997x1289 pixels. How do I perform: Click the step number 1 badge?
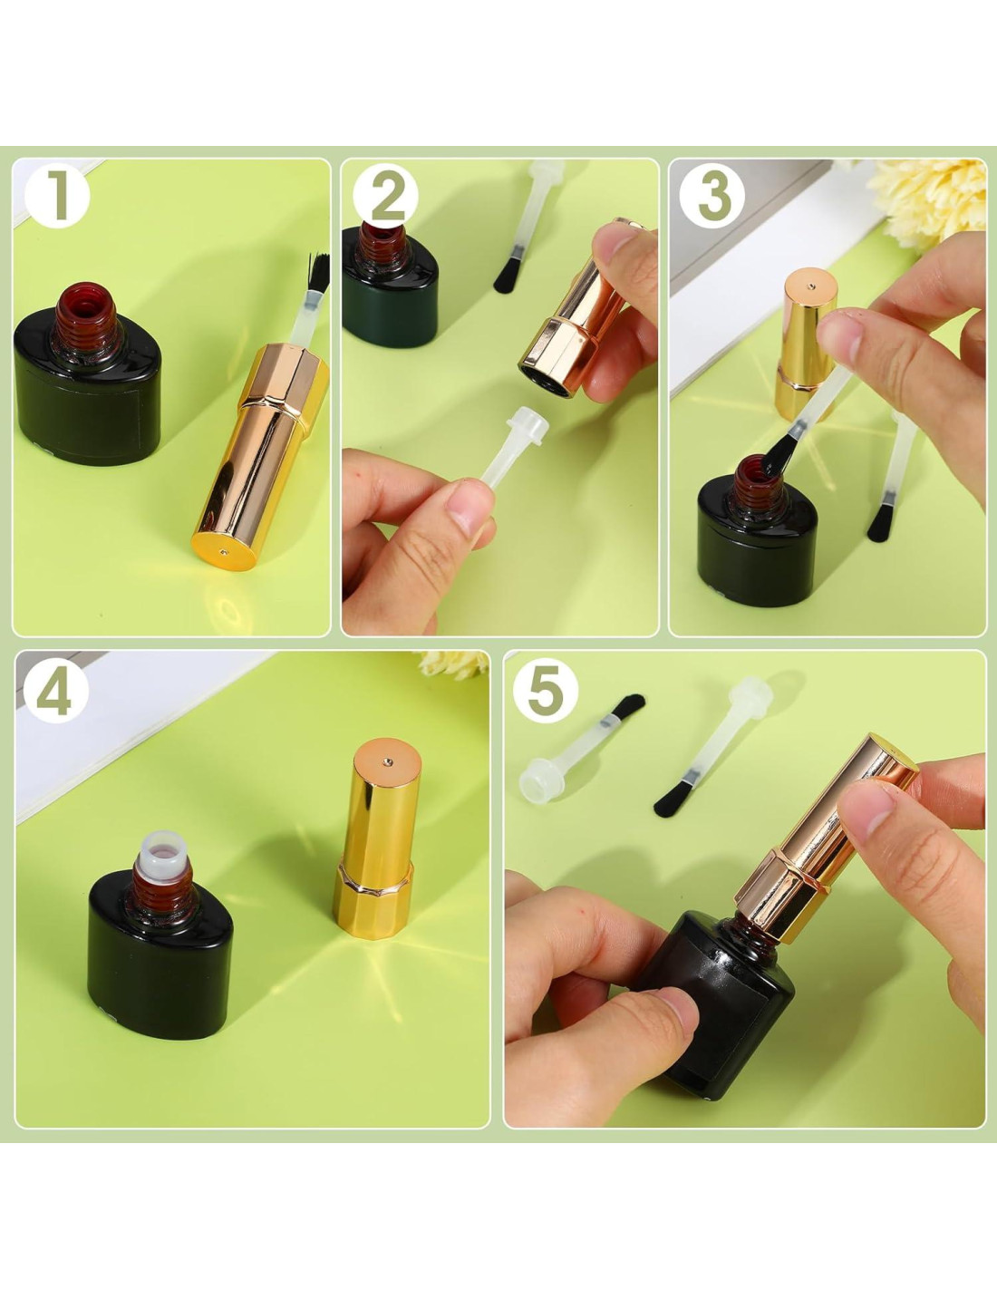pyautogui.click(x=57, y=197)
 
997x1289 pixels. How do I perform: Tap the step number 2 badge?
pyautogui.click(x=385, y=197)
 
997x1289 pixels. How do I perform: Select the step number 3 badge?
pyautogui.click(x=711, y=197)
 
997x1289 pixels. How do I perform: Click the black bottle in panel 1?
pyautogui.click(x=87, y=374)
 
